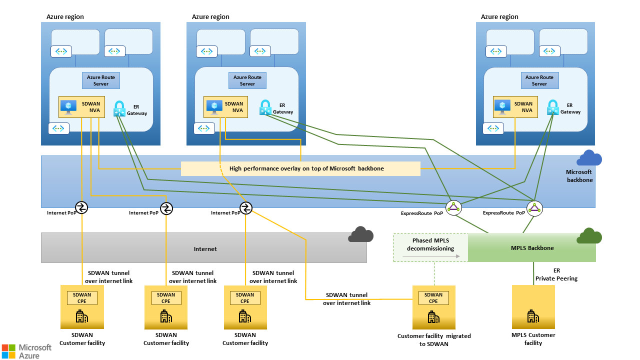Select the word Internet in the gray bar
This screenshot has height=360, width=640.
coord(205,248)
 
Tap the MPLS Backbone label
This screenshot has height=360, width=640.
coord(532,248)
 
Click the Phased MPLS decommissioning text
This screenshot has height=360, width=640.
coord(430,244)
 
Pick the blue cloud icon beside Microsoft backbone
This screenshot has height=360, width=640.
coord(589,158)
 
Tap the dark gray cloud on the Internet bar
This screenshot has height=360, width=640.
coord(361,234)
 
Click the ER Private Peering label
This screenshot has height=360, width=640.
coord(556,274)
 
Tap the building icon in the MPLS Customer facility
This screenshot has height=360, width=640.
coord(533,316)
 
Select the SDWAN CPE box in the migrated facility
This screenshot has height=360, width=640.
coord(433,298)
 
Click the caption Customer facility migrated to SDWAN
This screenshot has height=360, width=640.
coord(434,340)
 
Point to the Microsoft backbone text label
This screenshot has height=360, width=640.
coord(579,176)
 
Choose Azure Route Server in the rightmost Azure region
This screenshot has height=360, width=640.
coord(539,80)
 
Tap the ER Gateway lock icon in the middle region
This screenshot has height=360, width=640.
coord(265,107)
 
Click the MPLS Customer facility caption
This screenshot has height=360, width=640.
coord(533,339)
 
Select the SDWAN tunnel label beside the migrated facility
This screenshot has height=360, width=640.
coord(346,299)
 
